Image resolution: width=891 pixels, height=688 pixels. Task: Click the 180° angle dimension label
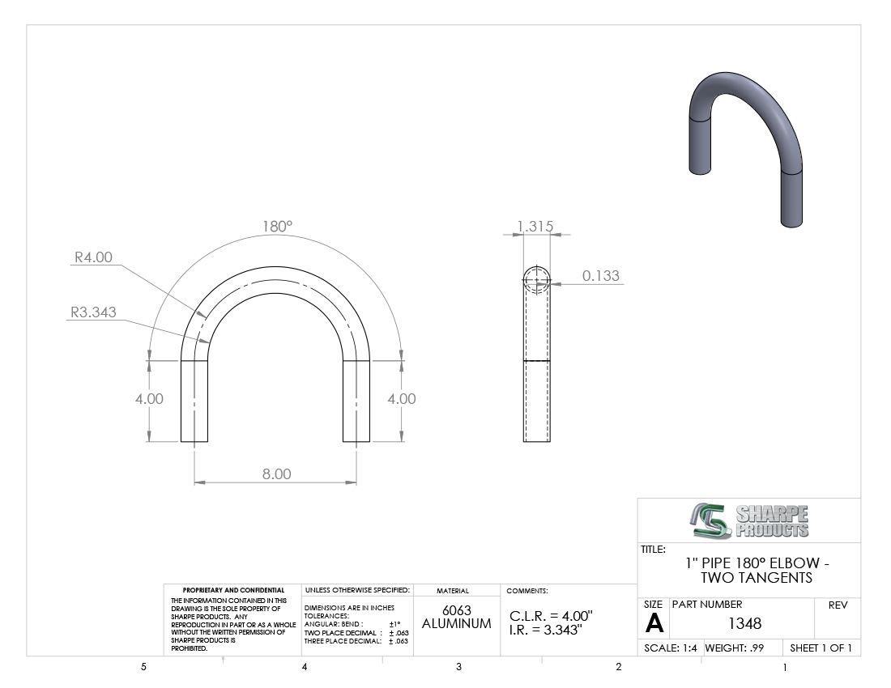(277, 227)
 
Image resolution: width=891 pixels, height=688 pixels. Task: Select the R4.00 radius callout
(94, 257)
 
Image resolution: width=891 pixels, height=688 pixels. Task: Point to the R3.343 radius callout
(93, 312)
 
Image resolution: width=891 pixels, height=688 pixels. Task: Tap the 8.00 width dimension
(277, 474)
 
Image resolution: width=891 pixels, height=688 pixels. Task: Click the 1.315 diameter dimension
(535, 227)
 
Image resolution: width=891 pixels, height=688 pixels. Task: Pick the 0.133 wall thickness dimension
(601, 276)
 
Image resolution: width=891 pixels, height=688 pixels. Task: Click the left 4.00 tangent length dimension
(149, 399)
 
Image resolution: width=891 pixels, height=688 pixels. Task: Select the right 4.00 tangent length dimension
(402, 399)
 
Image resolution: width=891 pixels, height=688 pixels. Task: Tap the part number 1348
(744, 624)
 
